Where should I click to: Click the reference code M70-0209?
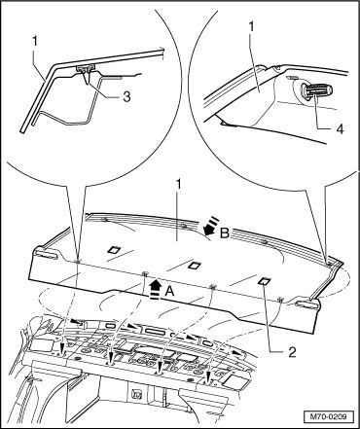pyautogui.click(x=328, y=416)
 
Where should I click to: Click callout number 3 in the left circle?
pyautogui.click(x=126, y=96)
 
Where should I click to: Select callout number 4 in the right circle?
pyautogui.click(x=339, y=128)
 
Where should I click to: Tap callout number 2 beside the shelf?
pyautogui.click(x=292, y=352)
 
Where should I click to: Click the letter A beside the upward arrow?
pyautogui.click(x=169, y=292)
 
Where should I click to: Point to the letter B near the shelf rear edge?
pyautogui.click(x=225, y=232)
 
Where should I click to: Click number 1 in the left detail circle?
pyautogui.click(x=35, y=41)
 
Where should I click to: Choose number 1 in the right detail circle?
pyautogui.click(x=251, y=27)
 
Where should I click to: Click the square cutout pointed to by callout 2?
pyautogui.click(x=264, y=281)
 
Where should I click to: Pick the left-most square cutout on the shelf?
pyautogui.click(x=114, y=249)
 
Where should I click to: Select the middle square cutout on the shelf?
pyautogui.click(x=195, y=266)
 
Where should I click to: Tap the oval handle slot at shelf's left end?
pyautogui.click(x=46, y=254)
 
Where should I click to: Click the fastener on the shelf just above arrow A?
pyautogui.click(x=145, y=272)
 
